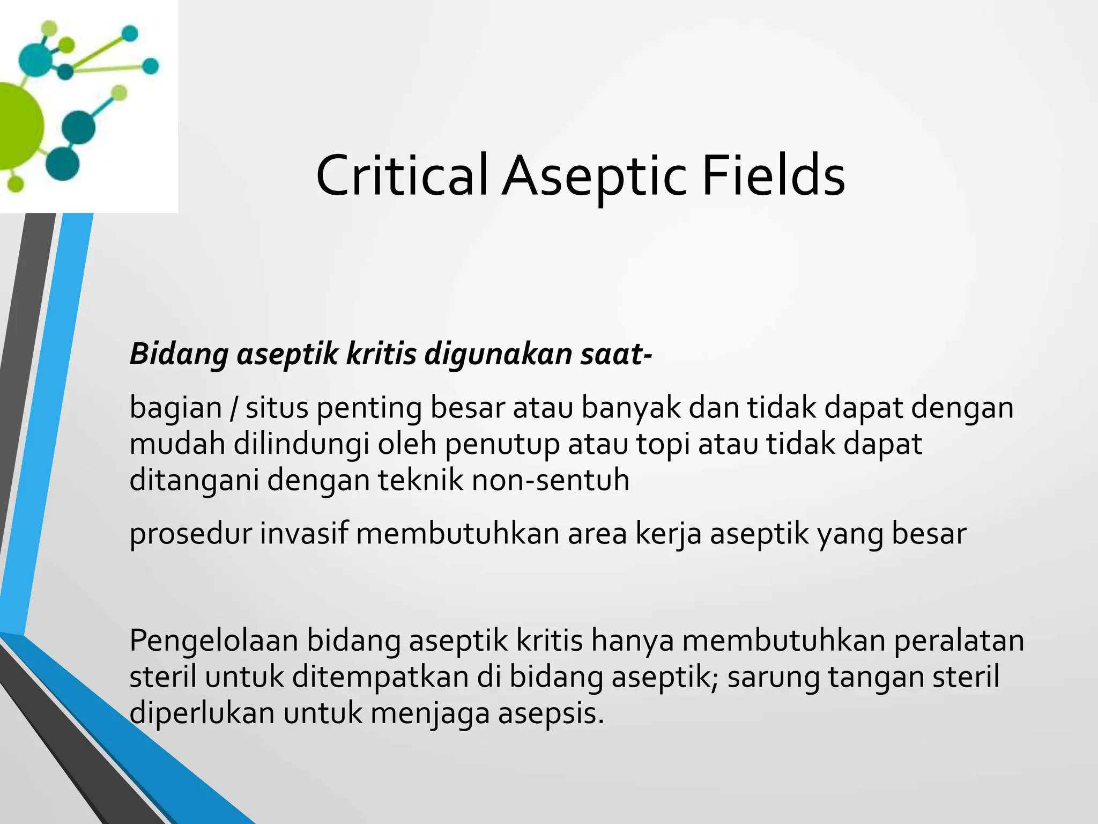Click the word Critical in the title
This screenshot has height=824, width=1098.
[402, 176]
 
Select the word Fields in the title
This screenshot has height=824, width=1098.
[773, 176]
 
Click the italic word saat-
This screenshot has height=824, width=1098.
[616, 354]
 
